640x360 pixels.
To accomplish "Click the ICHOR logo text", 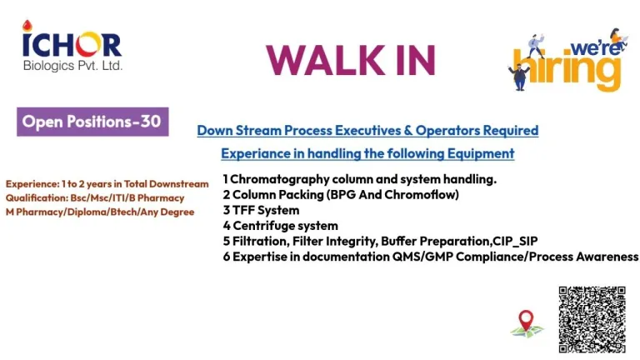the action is click(72, 45).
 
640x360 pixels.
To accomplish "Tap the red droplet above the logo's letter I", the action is click(27, 26).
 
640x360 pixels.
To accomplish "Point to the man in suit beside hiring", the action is click(519, 77).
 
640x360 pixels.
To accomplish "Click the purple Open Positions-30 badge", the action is click(92, 122).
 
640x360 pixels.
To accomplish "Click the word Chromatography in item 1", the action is click(280, 179).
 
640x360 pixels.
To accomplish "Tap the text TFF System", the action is click(266, 210).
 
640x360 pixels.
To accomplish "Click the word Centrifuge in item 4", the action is click(258, 226).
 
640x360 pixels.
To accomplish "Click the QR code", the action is click(592, 320).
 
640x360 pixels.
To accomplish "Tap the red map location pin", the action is click(526, 320).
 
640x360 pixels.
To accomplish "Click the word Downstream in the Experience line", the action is click(179, 184).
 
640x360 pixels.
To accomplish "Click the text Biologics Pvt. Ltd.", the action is click(72, 66).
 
